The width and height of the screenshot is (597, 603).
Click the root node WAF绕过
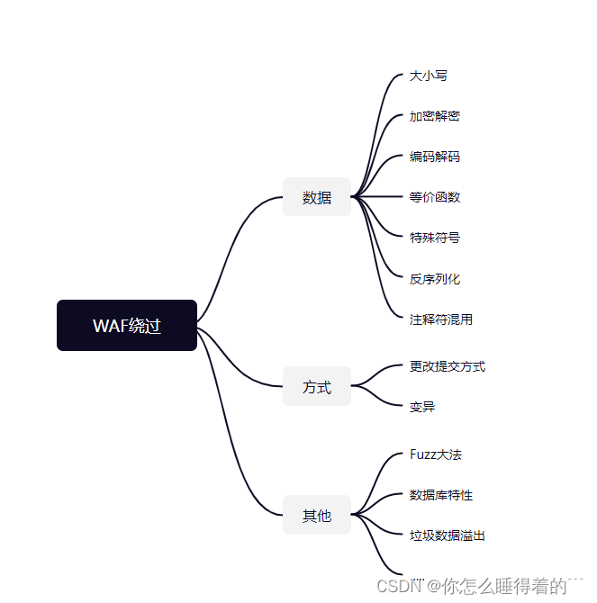(x=127, y=325)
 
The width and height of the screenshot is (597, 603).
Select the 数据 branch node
(x=317, y=197)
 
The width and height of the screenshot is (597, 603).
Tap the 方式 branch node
(x=317, y=387)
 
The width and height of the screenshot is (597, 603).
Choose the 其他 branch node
(x=317, y=516)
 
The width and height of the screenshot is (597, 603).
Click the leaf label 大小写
(x=429, y=76)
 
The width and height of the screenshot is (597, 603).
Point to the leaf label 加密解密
(x=435, y=116)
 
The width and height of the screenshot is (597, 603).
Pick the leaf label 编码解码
(x=435, y=157)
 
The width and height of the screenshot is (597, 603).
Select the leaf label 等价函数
(x=435, y=197)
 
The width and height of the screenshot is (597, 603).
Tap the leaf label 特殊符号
(x=435, y=238)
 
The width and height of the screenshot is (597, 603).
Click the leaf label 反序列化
(x=435, y=279)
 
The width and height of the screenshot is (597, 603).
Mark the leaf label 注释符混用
(x=441, y=319)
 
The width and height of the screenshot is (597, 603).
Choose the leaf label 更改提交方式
(x=448, y=366)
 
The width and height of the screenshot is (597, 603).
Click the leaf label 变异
(x=422, y=407)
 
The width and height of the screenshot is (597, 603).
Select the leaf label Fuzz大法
(x=436, y=454)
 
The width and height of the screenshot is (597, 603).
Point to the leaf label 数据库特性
(x=441, y=495)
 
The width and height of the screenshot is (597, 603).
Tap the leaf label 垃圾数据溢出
(x=448, y=535)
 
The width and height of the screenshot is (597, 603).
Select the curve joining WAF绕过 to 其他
(x=236, y=441)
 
